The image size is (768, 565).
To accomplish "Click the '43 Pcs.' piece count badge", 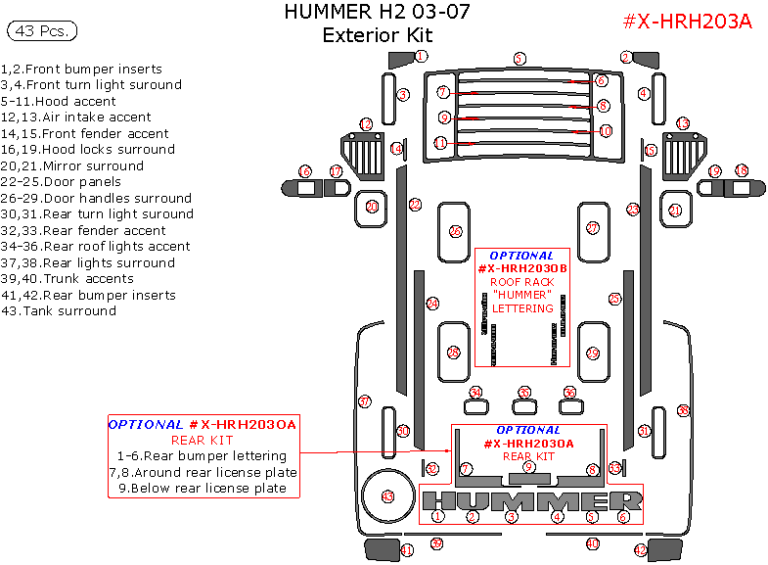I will [41, 31].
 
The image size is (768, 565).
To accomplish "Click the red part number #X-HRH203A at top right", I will [687, 22].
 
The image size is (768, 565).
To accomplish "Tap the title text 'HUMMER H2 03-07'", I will [377, 13].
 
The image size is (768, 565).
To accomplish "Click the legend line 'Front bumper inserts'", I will [95, 69].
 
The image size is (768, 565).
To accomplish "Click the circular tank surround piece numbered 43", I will [387, 497].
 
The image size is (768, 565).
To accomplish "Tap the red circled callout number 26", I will [455, 231].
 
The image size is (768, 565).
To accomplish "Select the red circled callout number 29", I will [592, 353].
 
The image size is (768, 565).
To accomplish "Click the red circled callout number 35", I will [524, 393].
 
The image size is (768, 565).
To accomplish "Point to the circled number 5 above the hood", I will [520, 59].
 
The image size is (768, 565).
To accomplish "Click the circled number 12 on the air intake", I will [366, 124].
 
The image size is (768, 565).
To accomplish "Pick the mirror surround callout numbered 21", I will [675, 210].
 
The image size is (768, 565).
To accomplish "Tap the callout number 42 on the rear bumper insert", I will [641, 551].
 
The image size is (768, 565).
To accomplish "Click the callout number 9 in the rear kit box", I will [528, 467].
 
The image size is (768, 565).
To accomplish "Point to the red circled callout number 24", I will [431, 305].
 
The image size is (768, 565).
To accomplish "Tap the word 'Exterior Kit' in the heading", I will [377, 35].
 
